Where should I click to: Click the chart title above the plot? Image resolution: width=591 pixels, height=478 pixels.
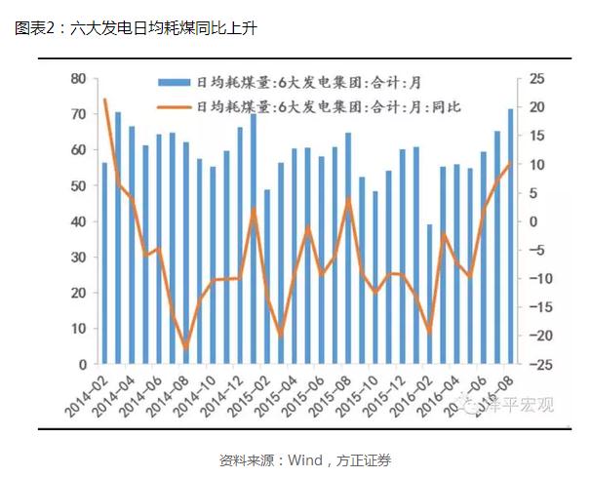[x=138, y=27]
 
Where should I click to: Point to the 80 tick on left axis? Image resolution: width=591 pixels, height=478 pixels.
[x=78, y=78]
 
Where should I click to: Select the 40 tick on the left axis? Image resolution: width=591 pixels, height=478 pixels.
[x=78, y=221]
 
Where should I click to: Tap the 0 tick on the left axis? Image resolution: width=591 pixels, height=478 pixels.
[x=82, y=364]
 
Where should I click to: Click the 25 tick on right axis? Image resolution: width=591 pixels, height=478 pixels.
[x=536, y=78]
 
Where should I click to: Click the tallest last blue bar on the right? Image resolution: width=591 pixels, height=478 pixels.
[x=510, y=236]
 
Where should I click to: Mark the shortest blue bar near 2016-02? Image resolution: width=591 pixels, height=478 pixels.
[x=429, y=294]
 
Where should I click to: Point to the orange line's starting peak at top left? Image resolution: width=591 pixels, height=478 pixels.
[x=105, y=100]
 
